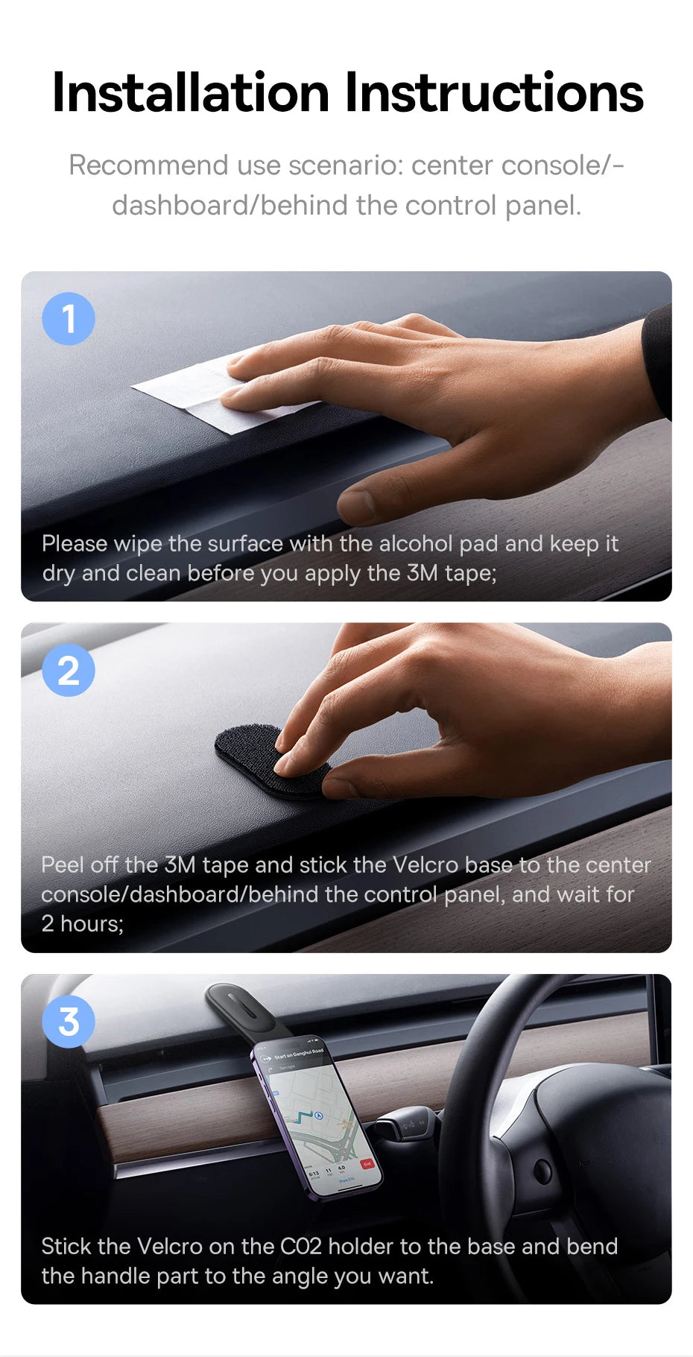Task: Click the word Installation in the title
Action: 191,94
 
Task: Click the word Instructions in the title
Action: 493,94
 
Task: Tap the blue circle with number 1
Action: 69,319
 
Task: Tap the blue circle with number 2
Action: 69,671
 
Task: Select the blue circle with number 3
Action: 69,1022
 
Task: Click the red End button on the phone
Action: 366,1163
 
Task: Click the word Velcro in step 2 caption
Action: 425,865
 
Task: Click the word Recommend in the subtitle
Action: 148,165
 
